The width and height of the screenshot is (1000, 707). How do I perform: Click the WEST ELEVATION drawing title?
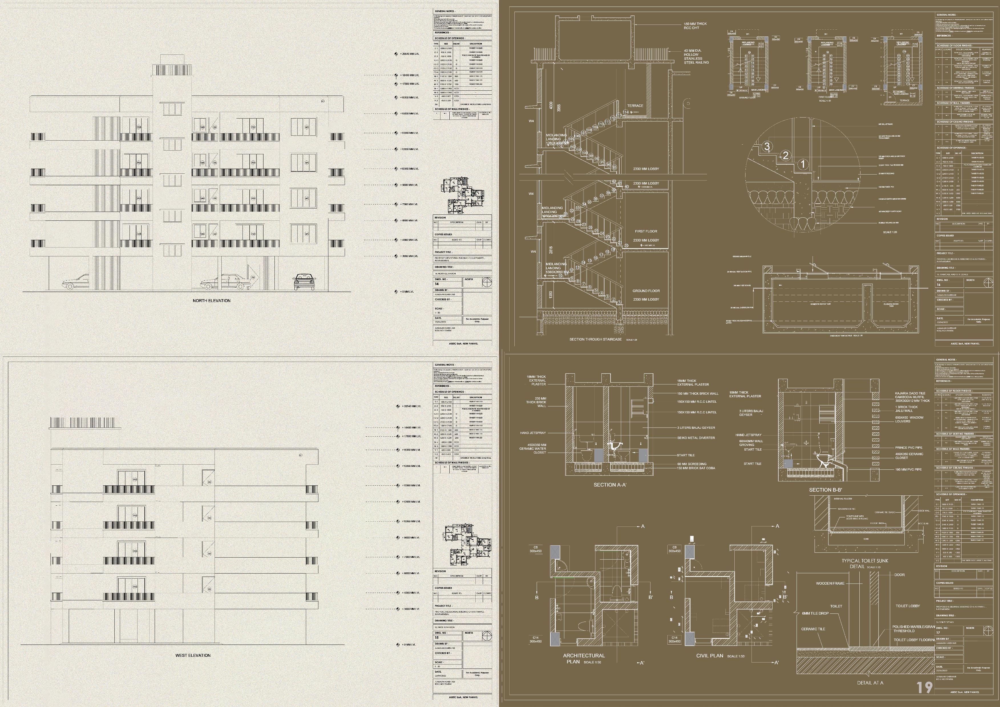[x=193, y=655]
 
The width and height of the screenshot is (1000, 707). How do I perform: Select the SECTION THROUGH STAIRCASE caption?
[x=595, y=339]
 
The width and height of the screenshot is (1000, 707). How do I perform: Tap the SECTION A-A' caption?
[x=610, y=485]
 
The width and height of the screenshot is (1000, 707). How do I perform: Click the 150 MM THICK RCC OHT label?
[x=695, y=26]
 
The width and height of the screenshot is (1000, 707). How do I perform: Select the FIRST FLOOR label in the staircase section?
[x=646, y=231]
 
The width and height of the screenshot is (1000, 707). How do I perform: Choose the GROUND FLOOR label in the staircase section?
[x=646, y=291]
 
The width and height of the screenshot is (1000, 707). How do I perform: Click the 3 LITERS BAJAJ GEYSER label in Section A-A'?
[x=696, y=428]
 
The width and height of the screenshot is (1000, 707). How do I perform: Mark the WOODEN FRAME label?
[x=830, y=583]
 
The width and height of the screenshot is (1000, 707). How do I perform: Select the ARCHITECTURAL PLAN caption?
[x=584, y=658]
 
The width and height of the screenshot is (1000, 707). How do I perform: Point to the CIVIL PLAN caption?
[x=710, y=656]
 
